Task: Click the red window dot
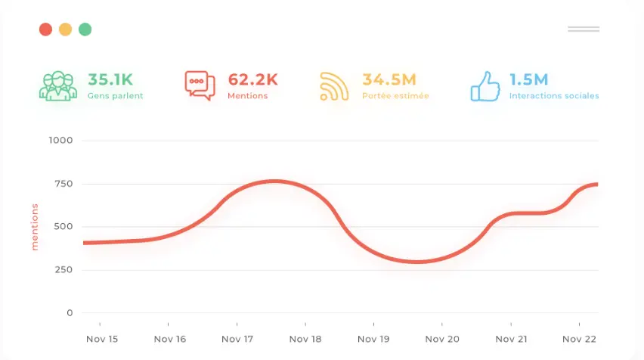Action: (45, 29)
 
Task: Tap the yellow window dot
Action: (66, 29)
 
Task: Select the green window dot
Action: (85, 29)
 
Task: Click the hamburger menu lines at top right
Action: (583, 29)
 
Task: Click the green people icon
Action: (58, 86)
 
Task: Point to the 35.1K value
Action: (110, 79)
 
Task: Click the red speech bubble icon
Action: (200, 86)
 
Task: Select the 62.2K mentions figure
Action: (252, 79)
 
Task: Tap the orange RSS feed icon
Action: (334, 86)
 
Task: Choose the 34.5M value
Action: (389, 79)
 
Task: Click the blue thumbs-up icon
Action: (485, 86)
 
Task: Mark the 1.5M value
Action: (529, 79)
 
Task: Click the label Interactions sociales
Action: (554, 96)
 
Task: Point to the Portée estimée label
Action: (395, 96)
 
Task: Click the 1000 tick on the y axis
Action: (60, 141)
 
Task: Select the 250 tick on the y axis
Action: (63, 270)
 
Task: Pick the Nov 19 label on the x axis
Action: (373, 339)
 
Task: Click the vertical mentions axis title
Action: (35, 226)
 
